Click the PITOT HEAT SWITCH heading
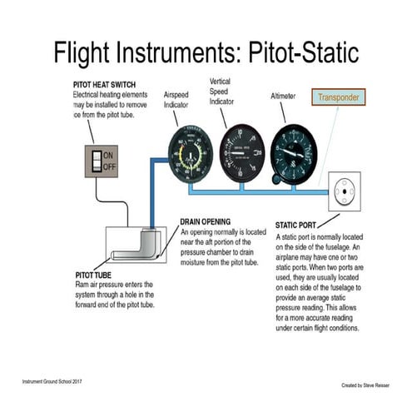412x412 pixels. (109, 86)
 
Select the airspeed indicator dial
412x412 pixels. (190, 155)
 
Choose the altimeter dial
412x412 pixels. (294, 153)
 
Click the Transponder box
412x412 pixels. (338, 97)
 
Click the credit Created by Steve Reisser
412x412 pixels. (367, 385)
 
